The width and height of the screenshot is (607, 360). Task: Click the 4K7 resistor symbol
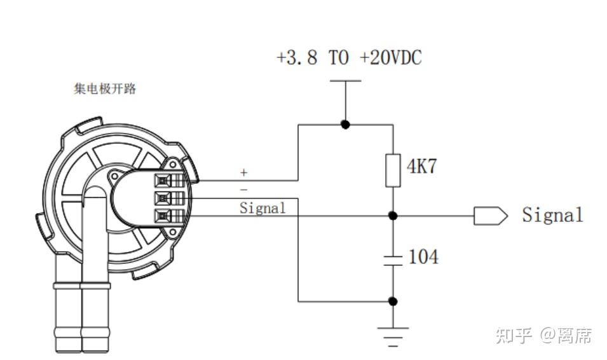[393, 170]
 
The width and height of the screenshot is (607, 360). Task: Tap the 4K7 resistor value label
[422, 167]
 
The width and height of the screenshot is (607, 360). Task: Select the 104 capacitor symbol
[393, 261]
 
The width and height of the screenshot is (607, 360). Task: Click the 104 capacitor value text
[424, 257]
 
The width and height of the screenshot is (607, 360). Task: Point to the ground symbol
[393, 336]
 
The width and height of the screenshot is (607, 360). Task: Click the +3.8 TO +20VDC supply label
[349, 58]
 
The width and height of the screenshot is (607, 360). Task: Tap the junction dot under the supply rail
[346, 125]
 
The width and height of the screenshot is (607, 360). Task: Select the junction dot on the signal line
[393, 216]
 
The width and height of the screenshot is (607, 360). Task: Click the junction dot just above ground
[393, 301]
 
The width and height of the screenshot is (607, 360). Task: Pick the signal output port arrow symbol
[491, 216]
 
